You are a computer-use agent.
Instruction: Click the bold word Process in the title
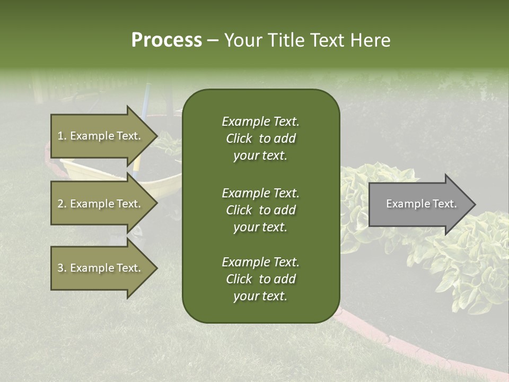click(x=166, y=40)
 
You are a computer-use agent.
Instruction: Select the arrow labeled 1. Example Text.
click(x=101, y=136)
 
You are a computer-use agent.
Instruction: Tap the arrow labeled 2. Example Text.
click(x=101, y=204)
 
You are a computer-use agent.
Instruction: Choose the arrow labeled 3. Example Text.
click(x=101, y=268)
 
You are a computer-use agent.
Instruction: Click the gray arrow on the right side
click(x=419, y=204)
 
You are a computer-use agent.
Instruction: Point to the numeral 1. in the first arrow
click(x=62, y=136)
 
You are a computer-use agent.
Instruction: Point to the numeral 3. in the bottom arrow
click(x=62, y=268)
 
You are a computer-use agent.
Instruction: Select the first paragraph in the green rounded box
click(x=260, y=138)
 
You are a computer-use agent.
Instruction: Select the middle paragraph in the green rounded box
click(x=260, y=210)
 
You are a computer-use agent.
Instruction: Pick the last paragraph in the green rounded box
click(x=260, y=279)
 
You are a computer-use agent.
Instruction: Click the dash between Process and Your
click(x=213, y=40)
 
